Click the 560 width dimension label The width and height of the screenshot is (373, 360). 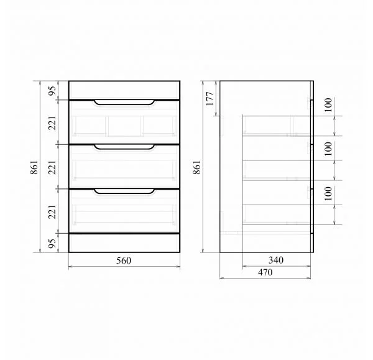point(124,261)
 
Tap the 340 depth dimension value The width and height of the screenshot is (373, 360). point(276,261)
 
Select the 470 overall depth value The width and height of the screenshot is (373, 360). point(265,272)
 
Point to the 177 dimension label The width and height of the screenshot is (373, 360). point(210,98)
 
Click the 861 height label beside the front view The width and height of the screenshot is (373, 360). point(34,167)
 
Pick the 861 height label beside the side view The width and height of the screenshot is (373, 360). point(197,167)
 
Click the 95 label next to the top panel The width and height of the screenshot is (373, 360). point(52,91)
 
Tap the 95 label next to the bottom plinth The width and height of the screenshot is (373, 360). point(52,243)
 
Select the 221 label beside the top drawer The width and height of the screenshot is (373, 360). point(52,123)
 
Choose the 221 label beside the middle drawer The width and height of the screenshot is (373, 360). point(52,167)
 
